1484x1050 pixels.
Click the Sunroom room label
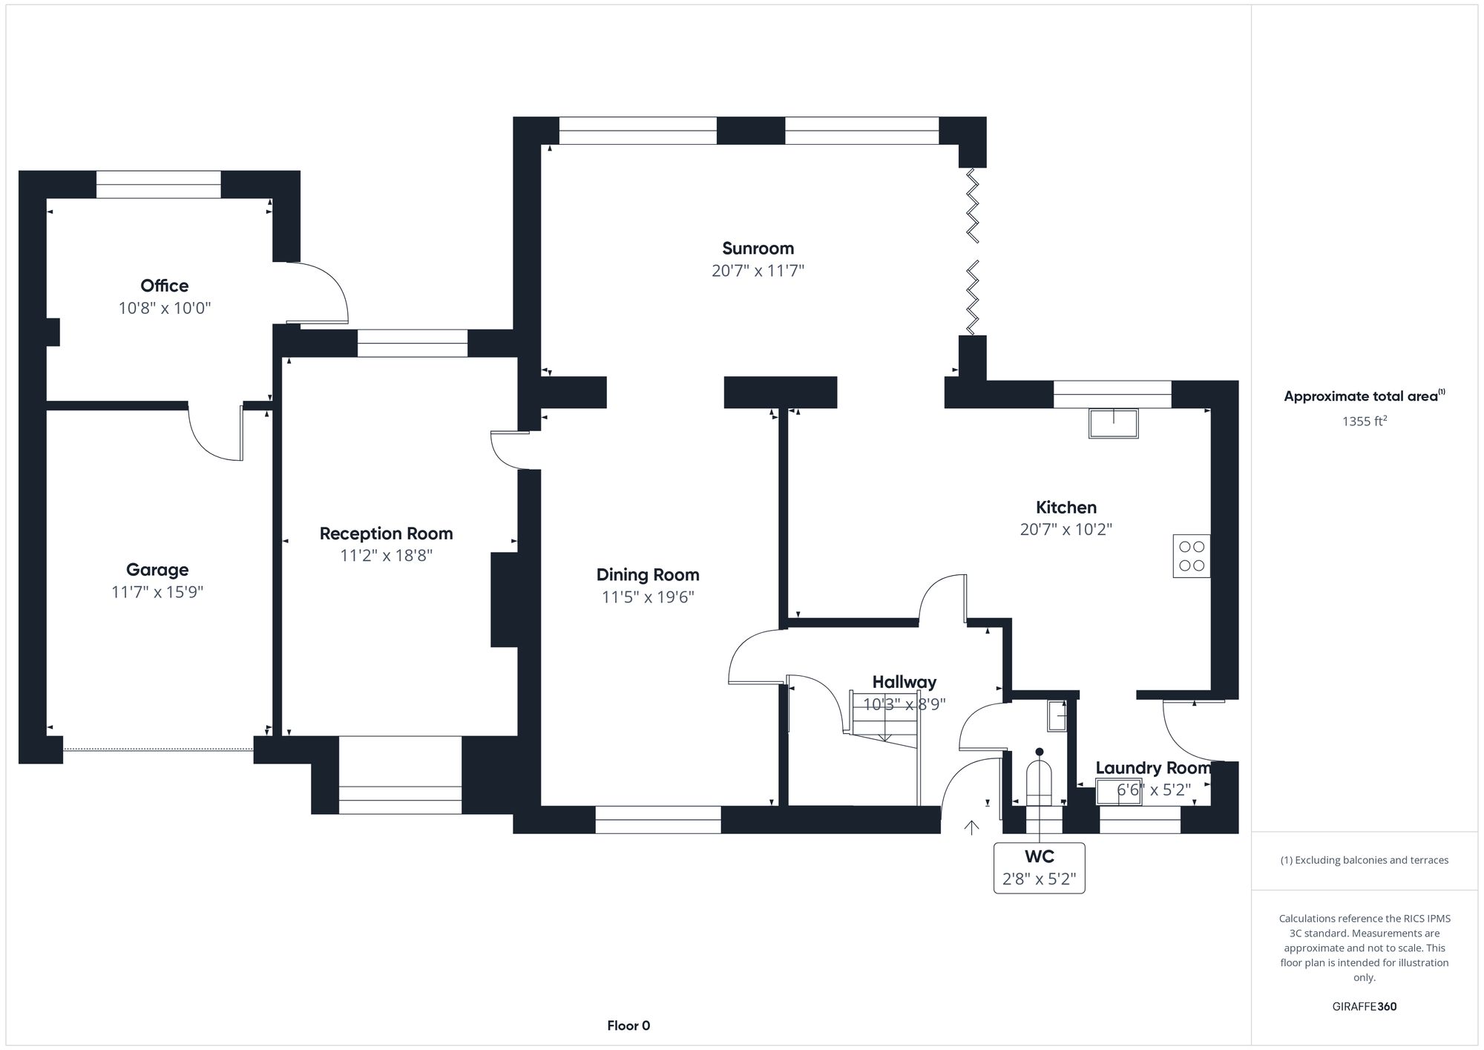(x=758, y=249)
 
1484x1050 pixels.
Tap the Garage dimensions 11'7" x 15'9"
(x=157, y=592)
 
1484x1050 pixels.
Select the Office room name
(x=164, y=286)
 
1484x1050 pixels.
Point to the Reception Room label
(x=386, y=534)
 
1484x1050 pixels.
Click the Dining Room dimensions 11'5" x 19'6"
(x=648, y=597)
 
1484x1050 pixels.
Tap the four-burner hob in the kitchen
(x=1191, y=557)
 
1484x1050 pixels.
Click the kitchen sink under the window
(x=1113, y=423)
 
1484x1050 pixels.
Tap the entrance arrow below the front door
(x=971, y=827)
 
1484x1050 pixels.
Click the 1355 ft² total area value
(x=1364, y=421)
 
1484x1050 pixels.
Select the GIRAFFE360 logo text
(x=1364, y=1007)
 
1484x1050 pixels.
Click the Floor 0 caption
(x=628, y=1026)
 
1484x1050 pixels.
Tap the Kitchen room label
(x=1066, y=508)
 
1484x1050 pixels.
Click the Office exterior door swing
(x=319, y=293)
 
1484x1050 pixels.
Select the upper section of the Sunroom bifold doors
(x=972, y=206)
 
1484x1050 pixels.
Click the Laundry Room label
(x=1152, y=768)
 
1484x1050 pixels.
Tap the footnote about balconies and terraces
(x=1364, y=860)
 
